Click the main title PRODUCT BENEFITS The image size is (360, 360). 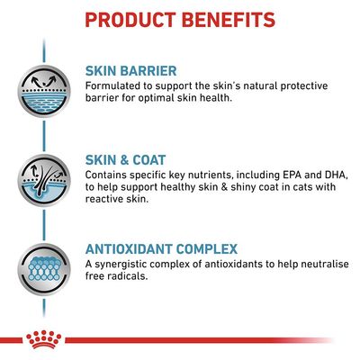[x=180, y=19]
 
